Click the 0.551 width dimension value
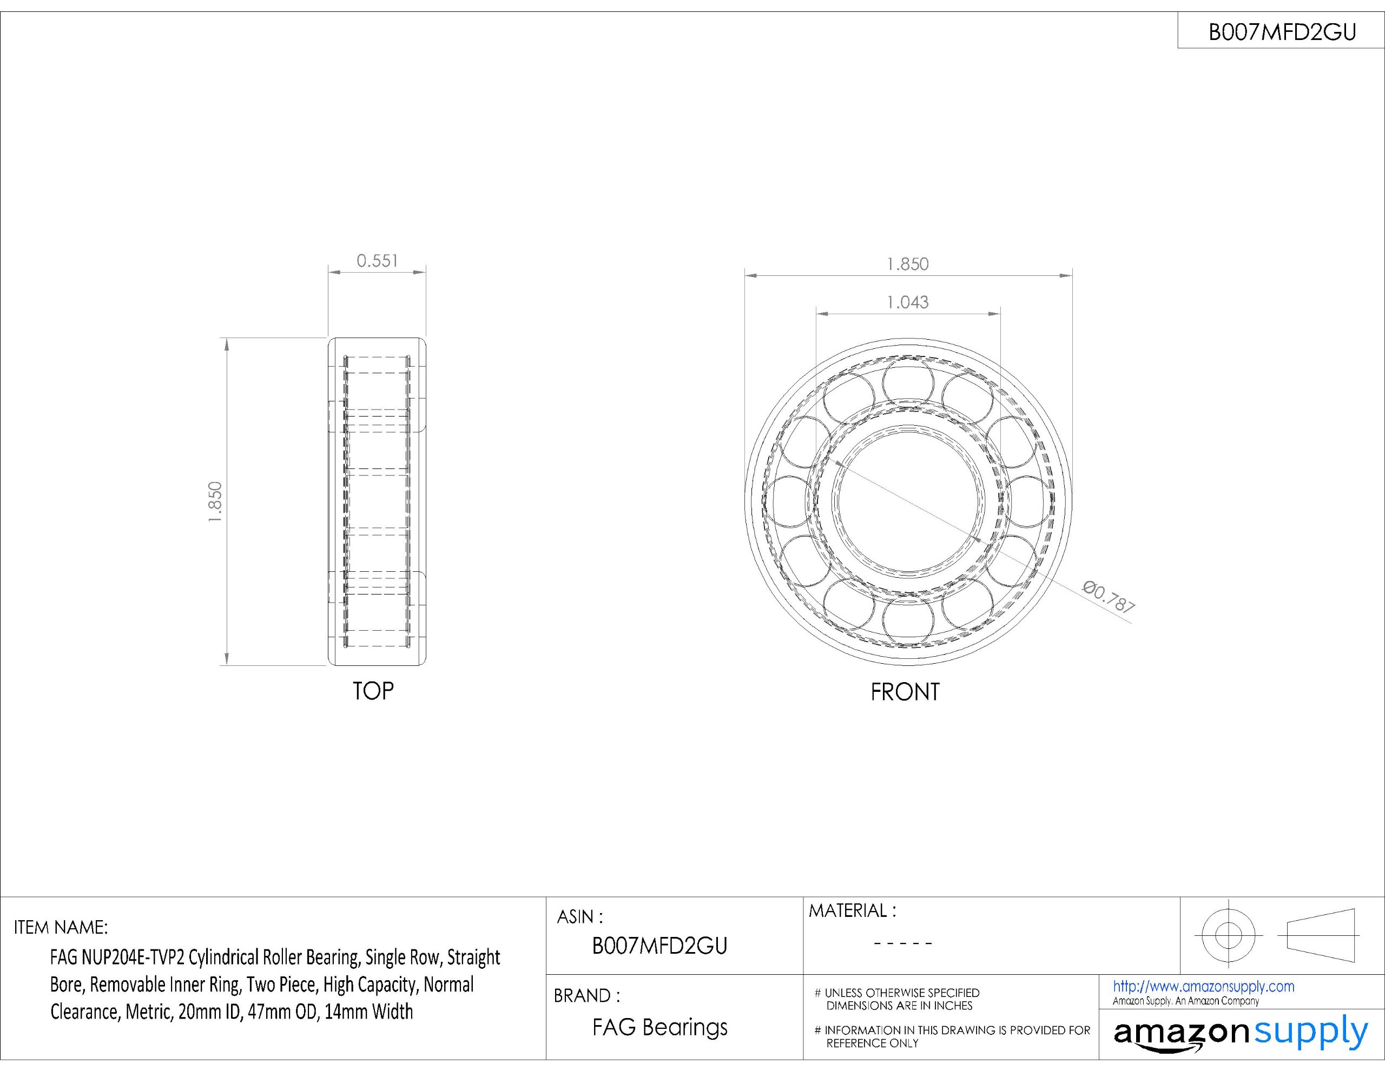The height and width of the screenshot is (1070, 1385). (377, 261)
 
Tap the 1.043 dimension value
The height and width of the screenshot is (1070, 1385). (907, 302)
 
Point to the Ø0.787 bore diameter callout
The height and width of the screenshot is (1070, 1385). (1109, 596)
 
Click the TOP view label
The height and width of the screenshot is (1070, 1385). (373, 691)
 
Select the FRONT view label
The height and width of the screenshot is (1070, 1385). (905, 692)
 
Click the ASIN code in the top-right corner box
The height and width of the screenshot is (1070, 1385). (1282, 32)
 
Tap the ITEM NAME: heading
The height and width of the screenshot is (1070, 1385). (61, 927)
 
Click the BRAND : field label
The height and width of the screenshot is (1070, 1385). (586, 996)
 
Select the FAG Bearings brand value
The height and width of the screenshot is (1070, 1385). (660, 1027)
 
